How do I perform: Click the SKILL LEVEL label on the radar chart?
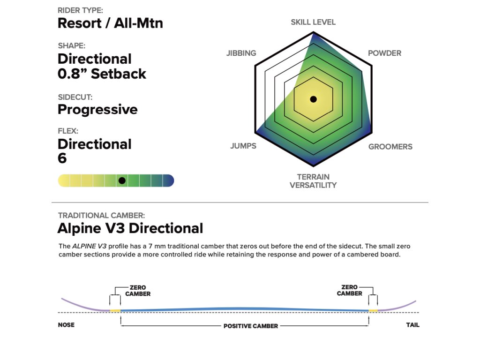(x=313, y=22)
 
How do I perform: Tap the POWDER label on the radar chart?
(x=384, y=53)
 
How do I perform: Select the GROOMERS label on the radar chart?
(x=390, y=147)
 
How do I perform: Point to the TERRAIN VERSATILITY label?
(x=313, y=181)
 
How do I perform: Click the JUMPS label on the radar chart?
(x=243, y=146)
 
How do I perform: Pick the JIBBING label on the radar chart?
(x=241, y=53)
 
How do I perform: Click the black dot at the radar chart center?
(x=314, y=99)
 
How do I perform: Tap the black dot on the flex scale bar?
(x=122, y=180)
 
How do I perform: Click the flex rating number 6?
(x=62, y=158)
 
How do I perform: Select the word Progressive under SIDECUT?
(x=97, y=109)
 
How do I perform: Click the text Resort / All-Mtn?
(x=110, y=23)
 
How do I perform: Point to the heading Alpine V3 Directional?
(x=130, y=228)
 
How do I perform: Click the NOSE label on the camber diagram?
(x=66, y=325)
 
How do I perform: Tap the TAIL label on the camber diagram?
(x=412, y=325)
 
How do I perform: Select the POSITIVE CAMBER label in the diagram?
(x=250, y=326)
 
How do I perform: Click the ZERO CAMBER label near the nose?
(x=138, y=291)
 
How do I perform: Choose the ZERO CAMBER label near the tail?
(x=349, y=290)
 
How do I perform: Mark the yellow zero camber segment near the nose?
(x=115, y=310)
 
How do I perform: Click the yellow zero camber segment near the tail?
(x=374, y=310)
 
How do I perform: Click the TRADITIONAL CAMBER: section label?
(x=101, y=216)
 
